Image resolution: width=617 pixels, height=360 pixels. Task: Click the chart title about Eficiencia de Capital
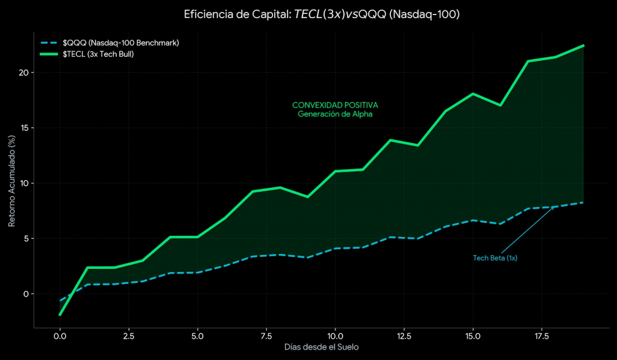(x=322, y=14)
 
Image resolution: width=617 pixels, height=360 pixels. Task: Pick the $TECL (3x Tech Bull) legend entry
(x=98, y=54)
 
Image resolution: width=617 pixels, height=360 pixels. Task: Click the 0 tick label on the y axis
(x=26, y=294)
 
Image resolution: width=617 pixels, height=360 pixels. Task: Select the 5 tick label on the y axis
(x=26, y=238)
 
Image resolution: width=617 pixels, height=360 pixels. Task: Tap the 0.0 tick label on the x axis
(x=60, y=335)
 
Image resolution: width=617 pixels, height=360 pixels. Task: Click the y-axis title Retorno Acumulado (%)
(x=11, y=182)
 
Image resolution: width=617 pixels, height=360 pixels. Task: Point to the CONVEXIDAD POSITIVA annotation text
(x=335, y=104)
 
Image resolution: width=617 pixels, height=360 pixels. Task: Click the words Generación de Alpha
(x=335, y=113)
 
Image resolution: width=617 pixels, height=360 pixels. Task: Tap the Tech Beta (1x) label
(x=495, y=257)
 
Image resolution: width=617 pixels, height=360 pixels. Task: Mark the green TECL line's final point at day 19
(x=583, y=45)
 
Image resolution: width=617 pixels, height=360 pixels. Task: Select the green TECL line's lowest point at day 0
(x=60, y=315)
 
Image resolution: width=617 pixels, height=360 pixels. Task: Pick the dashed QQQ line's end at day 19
(x=583, y=203)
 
